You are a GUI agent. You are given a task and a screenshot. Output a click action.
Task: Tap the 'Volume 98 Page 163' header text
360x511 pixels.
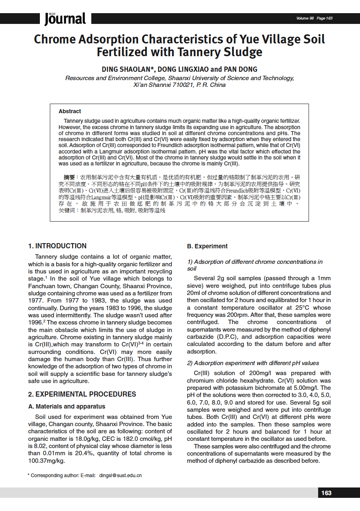314,18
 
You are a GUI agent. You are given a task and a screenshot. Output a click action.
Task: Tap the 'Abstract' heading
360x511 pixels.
70,111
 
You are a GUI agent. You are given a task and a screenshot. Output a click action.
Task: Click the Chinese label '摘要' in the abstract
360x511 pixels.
69,177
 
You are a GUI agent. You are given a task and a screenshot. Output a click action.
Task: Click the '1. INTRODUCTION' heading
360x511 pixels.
57,246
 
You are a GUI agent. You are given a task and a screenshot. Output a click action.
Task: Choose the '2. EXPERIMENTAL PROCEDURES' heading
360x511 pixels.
82,394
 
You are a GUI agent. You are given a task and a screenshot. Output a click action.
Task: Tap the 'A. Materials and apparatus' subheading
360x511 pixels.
67,407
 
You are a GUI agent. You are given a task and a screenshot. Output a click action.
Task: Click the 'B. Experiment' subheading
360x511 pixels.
207,246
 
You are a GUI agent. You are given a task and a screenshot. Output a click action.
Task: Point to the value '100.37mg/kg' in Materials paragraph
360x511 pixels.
46,461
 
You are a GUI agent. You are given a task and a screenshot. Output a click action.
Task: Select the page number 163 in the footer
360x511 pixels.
326,493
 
